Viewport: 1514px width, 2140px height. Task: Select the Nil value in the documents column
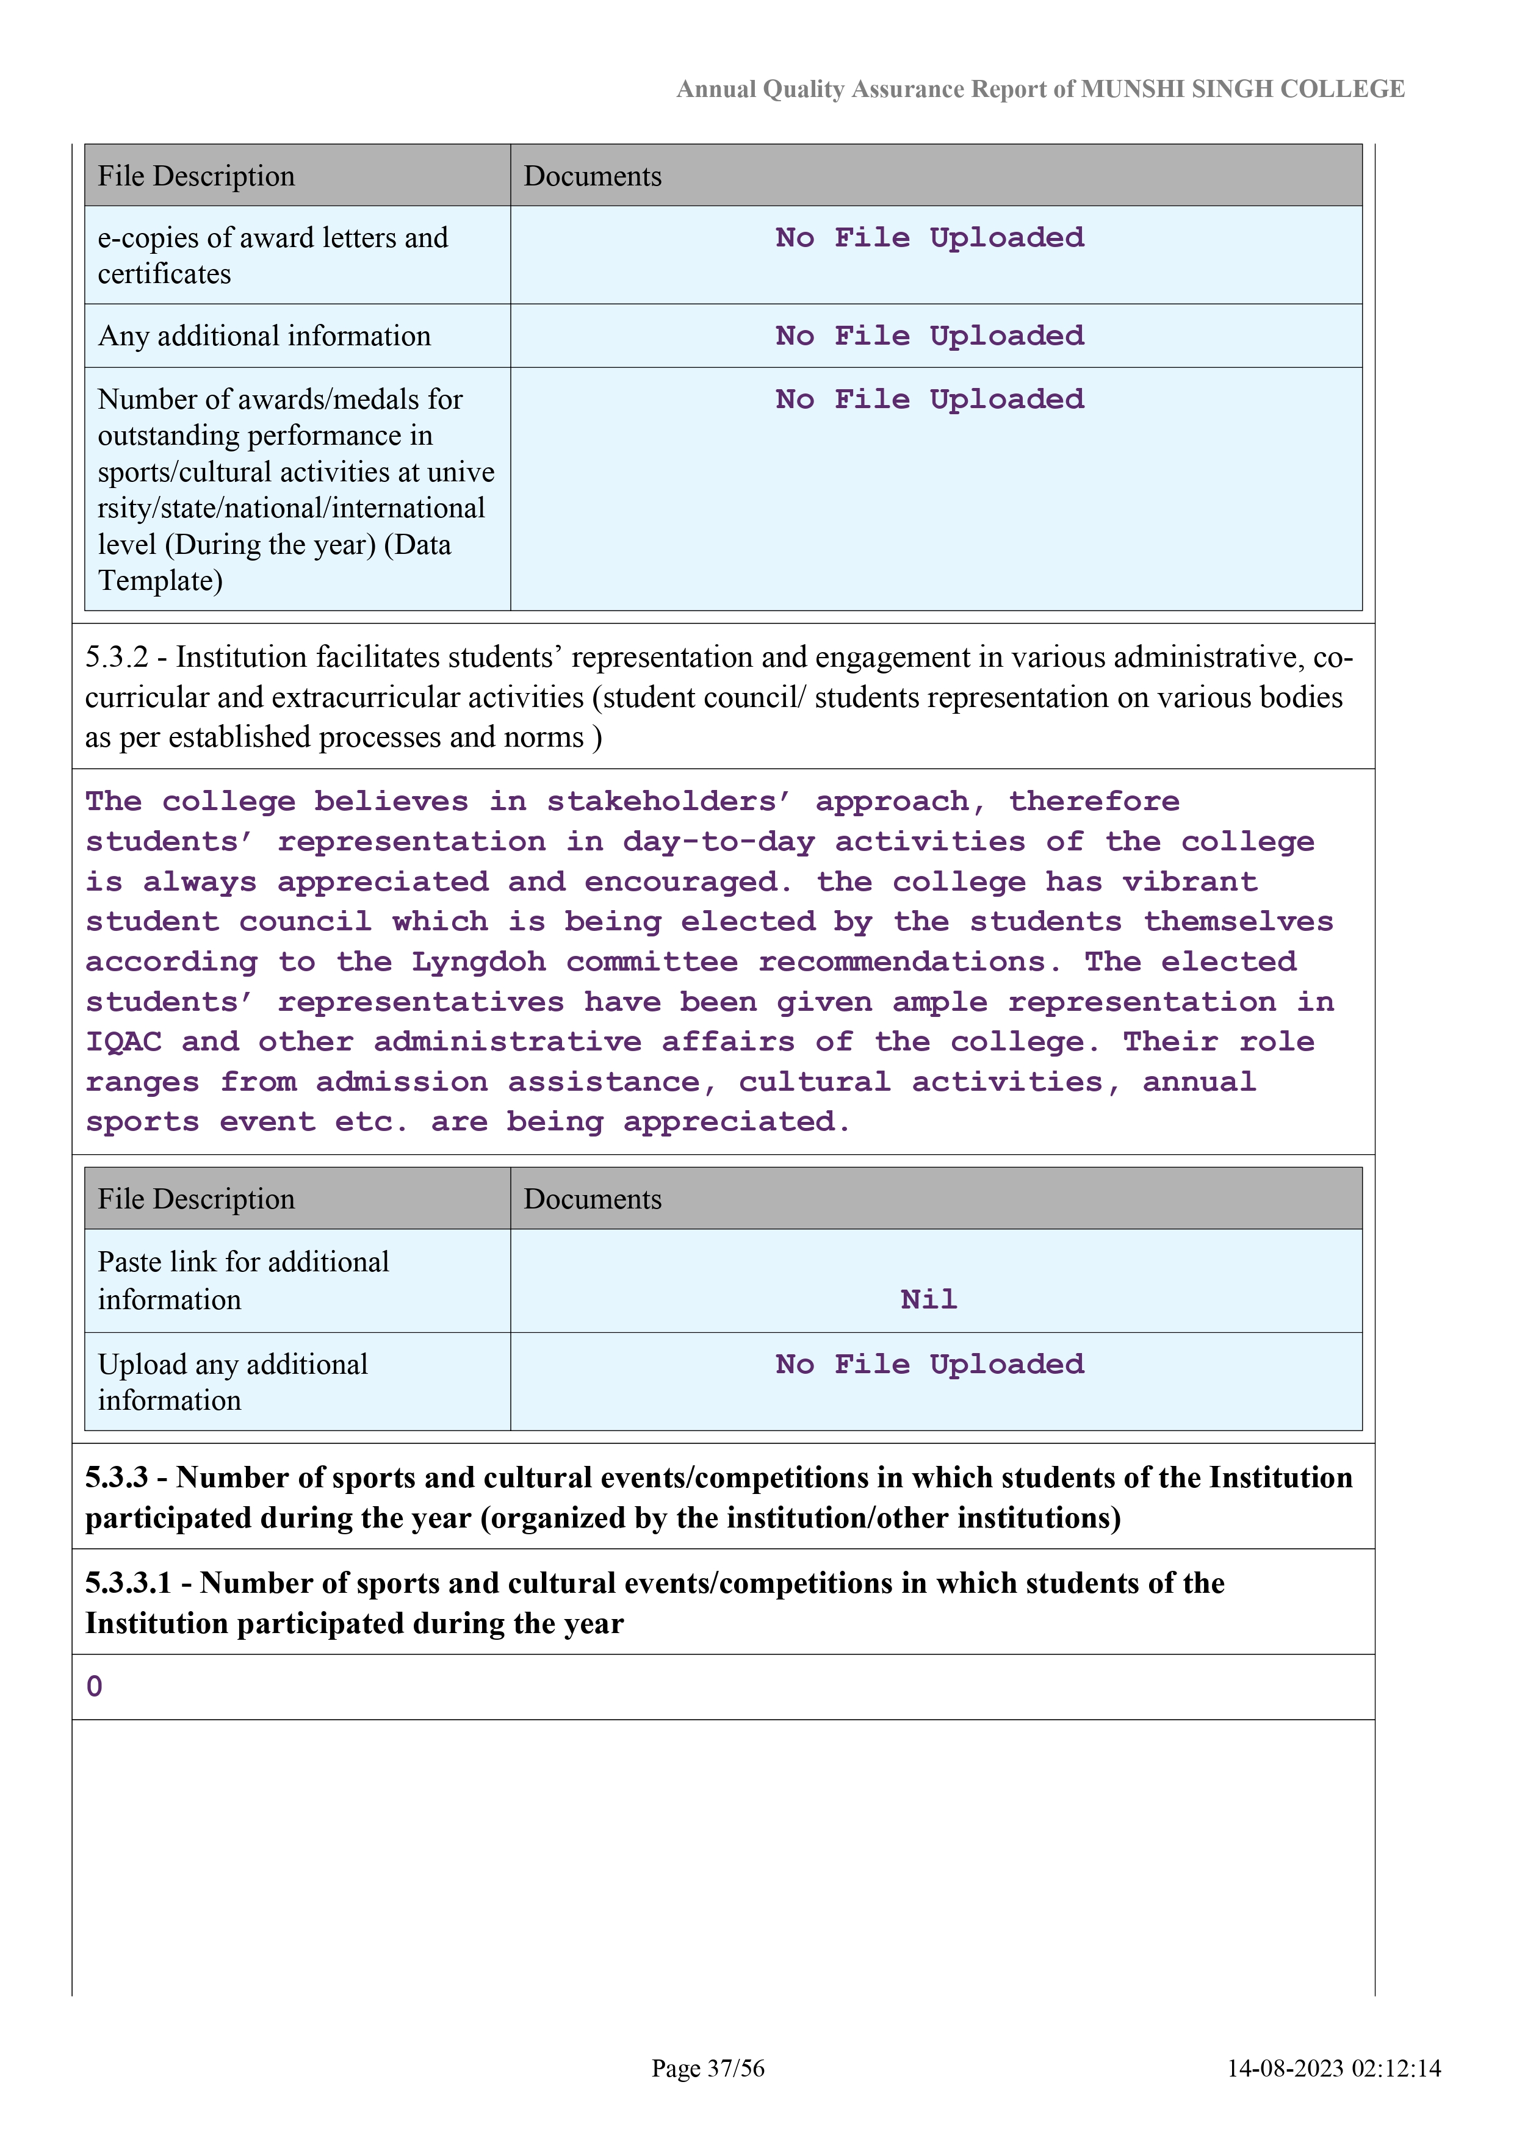click(x=929, y=1299)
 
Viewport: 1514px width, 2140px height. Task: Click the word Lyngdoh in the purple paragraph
click(x=478, y=962)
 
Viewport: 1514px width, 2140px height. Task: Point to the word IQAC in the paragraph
click(x=123, y=1042)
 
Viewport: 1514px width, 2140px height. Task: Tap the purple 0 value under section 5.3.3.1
click(x=94, y=1686)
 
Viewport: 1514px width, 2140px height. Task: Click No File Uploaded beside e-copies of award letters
click(x=929, y=239)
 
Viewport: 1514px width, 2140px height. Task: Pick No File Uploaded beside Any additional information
click(x=929, y=337)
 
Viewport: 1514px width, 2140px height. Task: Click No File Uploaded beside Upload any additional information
click(x=929, y=1365)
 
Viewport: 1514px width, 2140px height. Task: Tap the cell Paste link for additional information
click(x=243, y=1280)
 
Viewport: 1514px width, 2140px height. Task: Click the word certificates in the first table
click(x=164, y=274)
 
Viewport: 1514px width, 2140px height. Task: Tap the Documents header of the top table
click(x=593, y=176)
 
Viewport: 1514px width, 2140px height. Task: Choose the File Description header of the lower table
click(x=196, y=1199)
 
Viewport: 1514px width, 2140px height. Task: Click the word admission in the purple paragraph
click(x=401, y=1082)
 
